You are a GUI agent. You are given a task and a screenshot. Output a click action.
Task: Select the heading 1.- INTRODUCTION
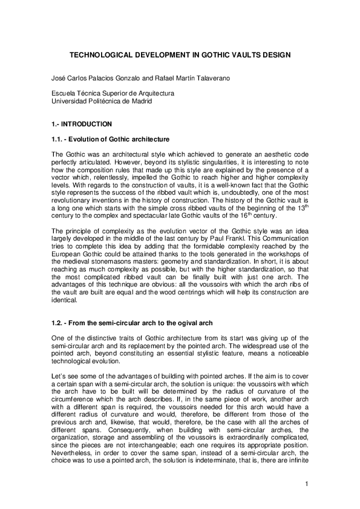pyautogui.click(x=82, y=125)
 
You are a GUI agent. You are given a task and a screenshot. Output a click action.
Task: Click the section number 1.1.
pyautogui.click(x=59, y=139)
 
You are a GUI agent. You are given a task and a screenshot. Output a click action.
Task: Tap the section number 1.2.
pyautogui.click(x=59, y=320)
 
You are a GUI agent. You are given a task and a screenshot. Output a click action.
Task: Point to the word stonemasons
pyautogui.click(x=122, y=253)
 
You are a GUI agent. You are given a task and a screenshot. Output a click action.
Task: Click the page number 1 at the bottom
pyautogui.click(x=307, y=483)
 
